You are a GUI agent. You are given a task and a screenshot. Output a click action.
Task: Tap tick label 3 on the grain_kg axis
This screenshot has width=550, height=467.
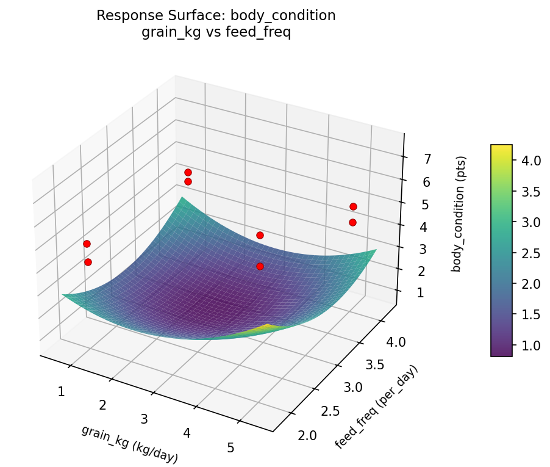pos(145,419)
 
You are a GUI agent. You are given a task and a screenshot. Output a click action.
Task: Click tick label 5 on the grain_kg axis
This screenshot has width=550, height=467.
pos(230,447)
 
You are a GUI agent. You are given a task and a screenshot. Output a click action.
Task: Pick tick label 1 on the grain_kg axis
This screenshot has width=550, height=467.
pos(61,391)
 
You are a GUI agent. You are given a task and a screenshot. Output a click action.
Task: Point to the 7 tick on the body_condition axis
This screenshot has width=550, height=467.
pos(427,159)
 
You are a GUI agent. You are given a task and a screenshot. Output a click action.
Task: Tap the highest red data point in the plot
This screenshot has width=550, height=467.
pos(188,172)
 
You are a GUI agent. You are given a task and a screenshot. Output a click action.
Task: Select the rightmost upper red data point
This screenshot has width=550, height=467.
pos(353,206)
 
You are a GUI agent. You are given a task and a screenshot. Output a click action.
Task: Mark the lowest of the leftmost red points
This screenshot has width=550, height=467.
pos(88,262)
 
